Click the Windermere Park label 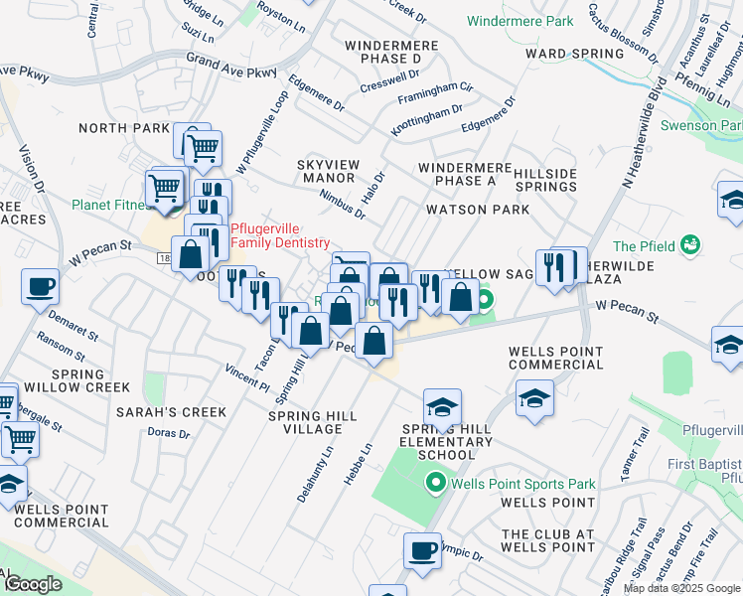(x=520, y=21)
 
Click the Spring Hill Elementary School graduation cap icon (x=442, y=407)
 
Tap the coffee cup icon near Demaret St (x=40, y=287)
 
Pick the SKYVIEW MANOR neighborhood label (x=327, y=170)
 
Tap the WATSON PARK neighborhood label (x=478, y=210)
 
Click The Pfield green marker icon (x=691, y=244)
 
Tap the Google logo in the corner (x=33, y=584)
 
